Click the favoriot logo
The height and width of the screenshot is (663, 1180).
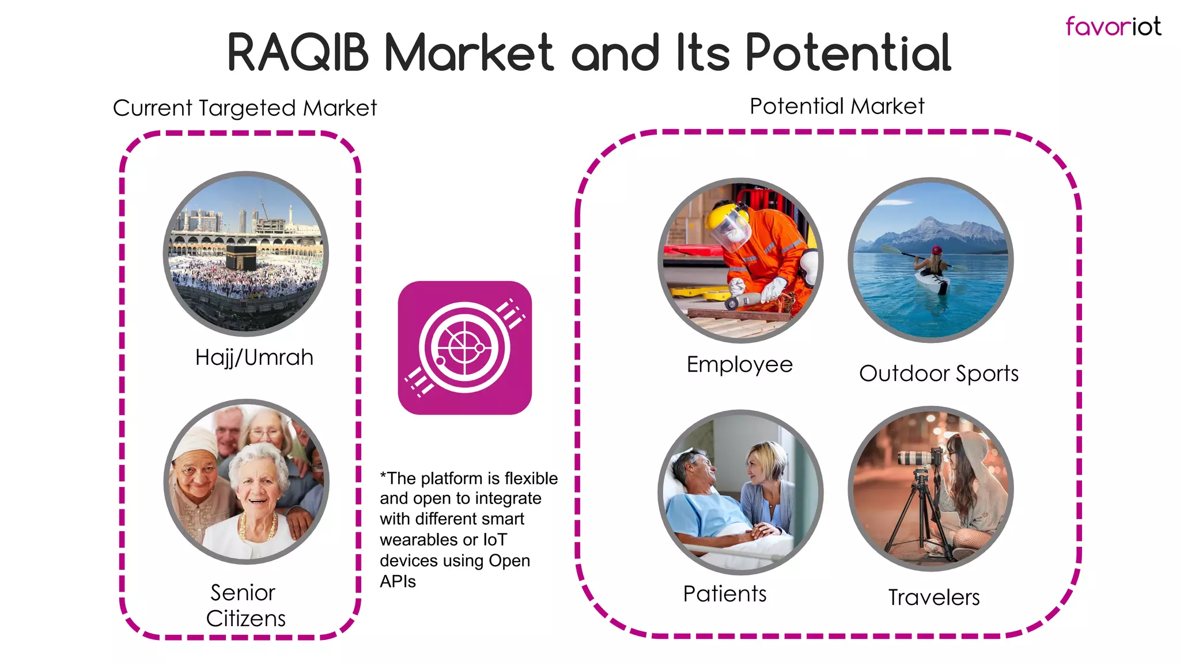[x=1113, y=26]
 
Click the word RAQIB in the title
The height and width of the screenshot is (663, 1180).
[x=298, y=53]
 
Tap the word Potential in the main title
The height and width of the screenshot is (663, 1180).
[x=848, y=53]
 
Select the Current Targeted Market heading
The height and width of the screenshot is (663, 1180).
[x=245, y=108]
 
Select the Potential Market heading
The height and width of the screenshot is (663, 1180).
[x=837, y=106]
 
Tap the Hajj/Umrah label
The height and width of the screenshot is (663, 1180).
[x=254, y=357]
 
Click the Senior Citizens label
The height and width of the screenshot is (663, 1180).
[x=246, y=605]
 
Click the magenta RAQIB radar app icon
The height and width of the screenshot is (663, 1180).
[x=464, y=348]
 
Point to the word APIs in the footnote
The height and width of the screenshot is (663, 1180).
[x=398, y=581]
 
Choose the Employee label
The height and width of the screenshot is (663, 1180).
[x=740, y=364]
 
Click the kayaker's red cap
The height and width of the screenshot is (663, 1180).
[x=937, y=250]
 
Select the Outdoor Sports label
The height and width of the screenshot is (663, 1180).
[x=939, y=374]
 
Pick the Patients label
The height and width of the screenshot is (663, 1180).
[x=725, y=594]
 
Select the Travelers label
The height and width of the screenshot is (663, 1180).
[x=933, y=597]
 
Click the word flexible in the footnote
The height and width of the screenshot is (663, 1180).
[x=531, y=478]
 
